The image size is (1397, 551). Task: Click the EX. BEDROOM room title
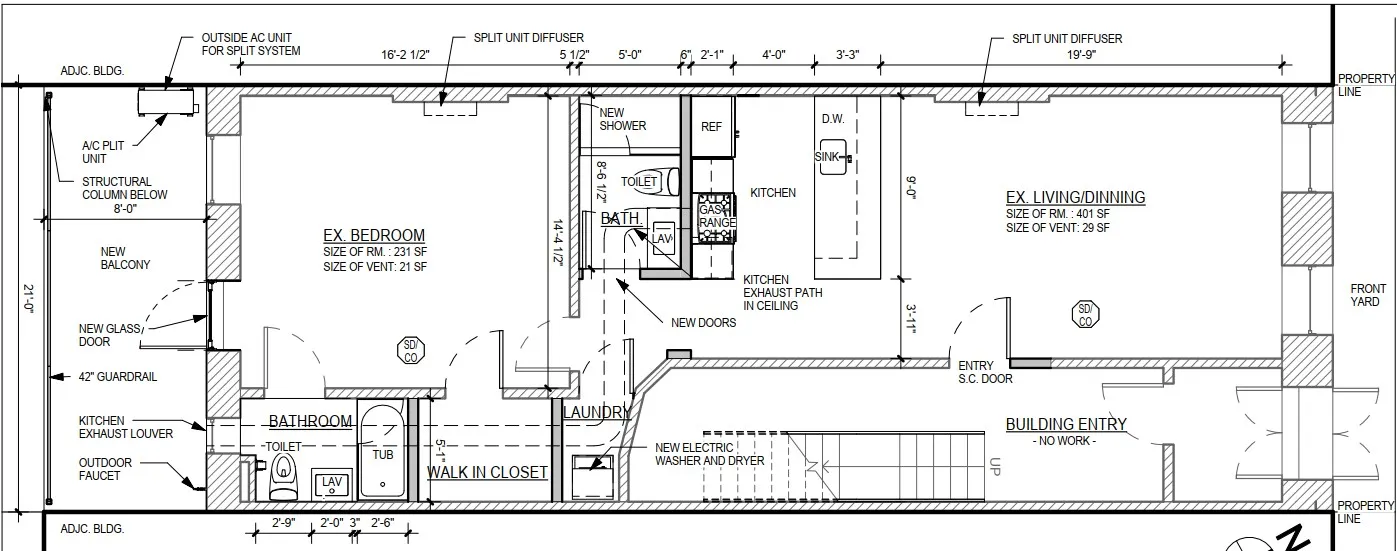(373, 236)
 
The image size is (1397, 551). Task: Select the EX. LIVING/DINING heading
(1074, 198)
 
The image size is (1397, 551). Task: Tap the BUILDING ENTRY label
(1066, 424)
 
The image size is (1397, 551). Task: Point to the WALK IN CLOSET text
(487, 472)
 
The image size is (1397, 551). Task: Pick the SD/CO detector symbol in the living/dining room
(1084, 315)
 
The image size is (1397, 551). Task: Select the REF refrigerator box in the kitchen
(711, 127)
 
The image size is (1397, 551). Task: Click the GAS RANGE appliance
(716, 217)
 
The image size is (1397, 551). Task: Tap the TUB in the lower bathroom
(382, 452)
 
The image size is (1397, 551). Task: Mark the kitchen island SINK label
(826, 157)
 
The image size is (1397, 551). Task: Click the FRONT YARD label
(1366, 295)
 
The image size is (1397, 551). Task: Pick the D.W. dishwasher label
(832, 119)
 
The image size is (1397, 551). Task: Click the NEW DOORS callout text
(703, 323)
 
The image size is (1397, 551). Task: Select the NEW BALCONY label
(125, 258)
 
